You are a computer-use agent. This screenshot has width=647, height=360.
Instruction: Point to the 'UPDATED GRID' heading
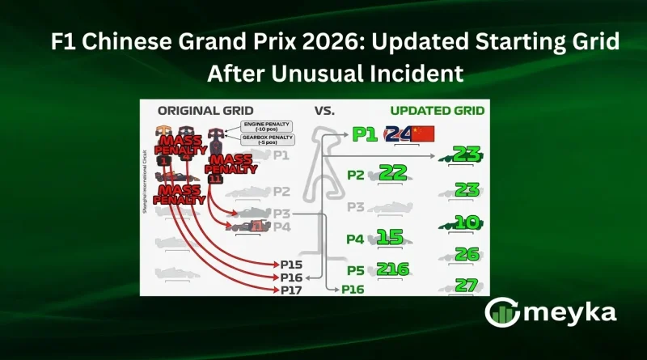(x=437, y=111)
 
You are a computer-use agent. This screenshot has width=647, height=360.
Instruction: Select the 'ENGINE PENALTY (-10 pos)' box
(x=266, y=125)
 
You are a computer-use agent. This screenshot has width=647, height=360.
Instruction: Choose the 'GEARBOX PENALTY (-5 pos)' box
(x=266, y=139)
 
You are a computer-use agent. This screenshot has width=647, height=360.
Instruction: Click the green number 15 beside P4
(x=391, y=238)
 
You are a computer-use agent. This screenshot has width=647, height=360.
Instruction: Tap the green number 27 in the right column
(x=467, y=284)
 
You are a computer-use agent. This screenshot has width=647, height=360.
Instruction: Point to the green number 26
(x=467, y=254)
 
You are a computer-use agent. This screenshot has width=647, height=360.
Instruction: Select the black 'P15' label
(x=293, y=265)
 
